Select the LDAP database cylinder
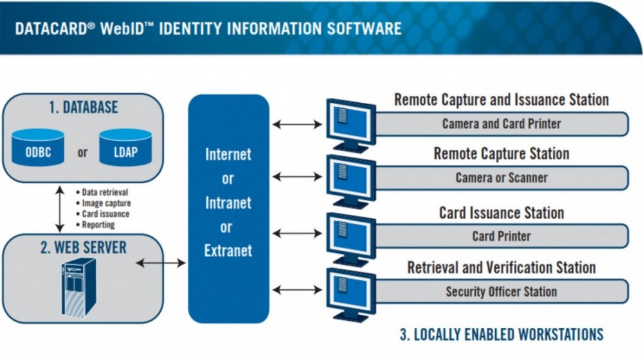point(125,149)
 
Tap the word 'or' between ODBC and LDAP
point(82,153)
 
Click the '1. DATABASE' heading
point(83,107)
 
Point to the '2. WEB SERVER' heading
point(84,247)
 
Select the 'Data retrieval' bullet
point(105,192)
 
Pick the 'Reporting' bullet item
point(98,225)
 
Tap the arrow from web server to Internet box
point(161,262)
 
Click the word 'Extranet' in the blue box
point(228,251)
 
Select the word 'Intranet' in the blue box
point(228,203)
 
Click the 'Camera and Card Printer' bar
point(502,123)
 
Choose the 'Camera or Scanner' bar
point(502,177)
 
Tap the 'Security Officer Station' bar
point(502,291)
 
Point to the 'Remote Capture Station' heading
point(502,154)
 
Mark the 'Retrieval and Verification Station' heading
point(502,267)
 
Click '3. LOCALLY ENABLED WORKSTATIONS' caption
point(502,334)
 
